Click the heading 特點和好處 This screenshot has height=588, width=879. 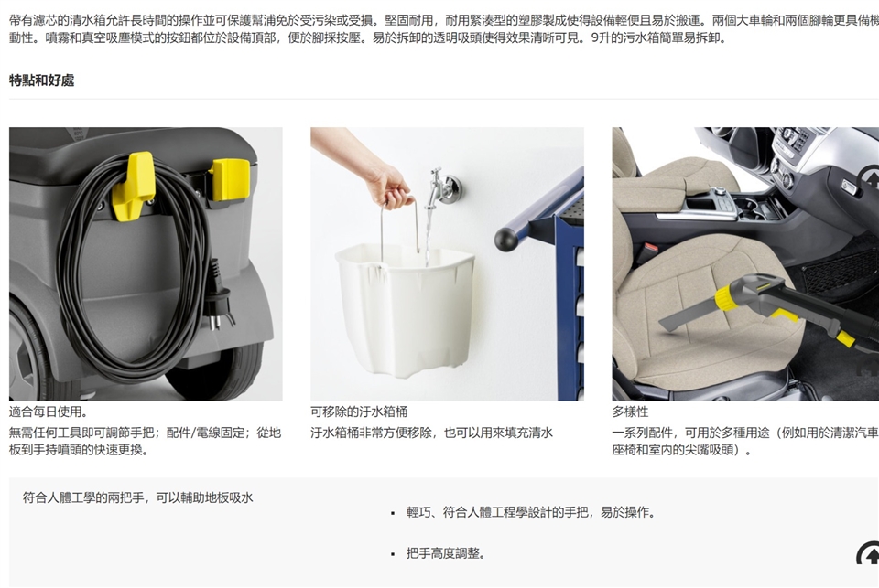click(41, 80)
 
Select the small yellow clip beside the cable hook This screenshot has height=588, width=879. click(230, 179)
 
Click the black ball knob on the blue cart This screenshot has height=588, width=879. click(506, 239)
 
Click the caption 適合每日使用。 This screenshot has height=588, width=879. click(49, 412)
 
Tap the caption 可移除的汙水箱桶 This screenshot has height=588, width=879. click(359, 412)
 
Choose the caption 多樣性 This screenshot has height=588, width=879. click(630, 412)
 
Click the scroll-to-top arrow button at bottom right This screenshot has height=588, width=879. click(868, 553)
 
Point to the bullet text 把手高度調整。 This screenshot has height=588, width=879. click(446, 553)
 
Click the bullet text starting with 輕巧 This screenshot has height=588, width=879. click(531, 512)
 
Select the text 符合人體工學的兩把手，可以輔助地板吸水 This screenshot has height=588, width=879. click(138, 497)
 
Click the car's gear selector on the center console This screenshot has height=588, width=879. click(718, 194)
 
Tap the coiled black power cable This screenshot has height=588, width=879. click(135, 269)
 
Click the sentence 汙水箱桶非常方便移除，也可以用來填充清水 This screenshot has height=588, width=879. click(431, 433)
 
